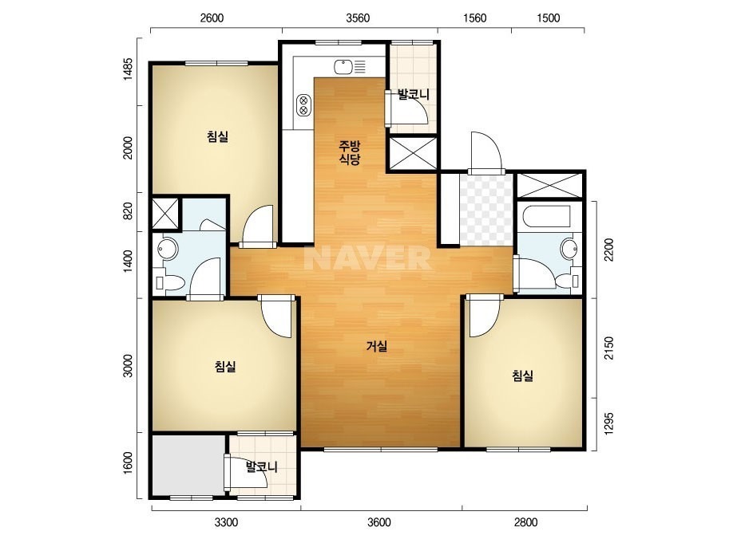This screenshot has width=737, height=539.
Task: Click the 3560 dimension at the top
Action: pos(358,18)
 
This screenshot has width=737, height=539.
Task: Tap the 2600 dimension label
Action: pos(212,18)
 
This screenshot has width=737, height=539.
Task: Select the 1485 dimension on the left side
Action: pos(129,69)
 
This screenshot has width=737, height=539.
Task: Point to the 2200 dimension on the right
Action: pos(609,250)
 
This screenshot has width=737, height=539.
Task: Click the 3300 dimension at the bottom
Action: pos(226,522)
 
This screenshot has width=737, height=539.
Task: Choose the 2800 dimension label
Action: pos(525,522)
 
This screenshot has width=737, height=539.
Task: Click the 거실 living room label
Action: pos(377,347)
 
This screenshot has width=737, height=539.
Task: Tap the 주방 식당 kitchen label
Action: pos(350,152)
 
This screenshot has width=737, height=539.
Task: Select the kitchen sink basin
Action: pos(343,67)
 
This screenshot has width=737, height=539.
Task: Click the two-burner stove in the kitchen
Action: pos(303,105)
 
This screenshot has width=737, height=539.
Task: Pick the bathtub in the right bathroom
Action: pos(549,216)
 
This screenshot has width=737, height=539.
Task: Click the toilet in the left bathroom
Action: pos(169,282)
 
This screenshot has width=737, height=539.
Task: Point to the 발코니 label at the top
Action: pos(414,95)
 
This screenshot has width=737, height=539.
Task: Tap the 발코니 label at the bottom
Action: pos(262,467)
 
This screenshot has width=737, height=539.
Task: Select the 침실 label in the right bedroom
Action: pos(523,376)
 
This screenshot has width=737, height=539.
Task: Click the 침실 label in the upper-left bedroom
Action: pos(218,136)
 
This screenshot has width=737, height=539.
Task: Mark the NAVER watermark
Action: pos(367,258)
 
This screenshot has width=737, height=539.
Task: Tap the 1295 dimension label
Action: pos(609,424)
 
